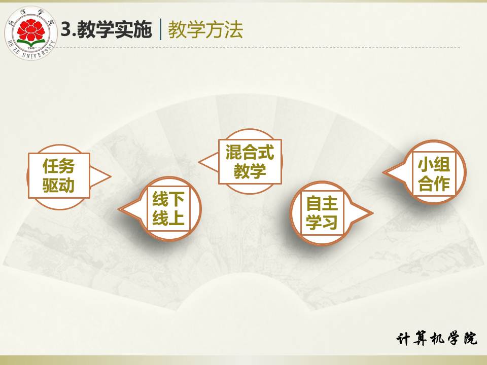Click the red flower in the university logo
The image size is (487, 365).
click(31, 30)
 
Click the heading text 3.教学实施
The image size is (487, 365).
click(106, 30)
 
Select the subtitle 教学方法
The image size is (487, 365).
click(205, 30)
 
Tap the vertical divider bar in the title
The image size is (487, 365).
click(160, 29)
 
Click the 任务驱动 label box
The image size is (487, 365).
click(59, 175)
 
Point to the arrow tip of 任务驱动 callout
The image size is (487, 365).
click(111, 176)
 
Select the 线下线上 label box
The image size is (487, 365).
click(168, 208)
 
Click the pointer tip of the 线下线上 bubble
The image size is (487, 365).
click(119, 209)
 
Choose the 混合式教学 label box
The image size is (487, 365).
click(250, 162)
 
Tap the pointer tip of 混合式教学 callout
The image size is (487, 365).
click(199, 162)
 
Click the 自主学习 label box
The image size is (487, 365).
click(322, 212)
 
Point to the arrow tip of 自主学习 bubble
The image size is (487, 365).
click(372, 213)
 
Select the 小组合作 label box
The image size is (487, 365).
click(434, 173)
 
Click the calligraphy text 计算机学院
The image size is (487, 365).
click(436, 338)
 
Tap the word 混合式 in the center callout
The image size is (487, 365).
click(250, 153)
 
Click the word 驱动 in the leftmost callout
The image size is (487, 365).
click(59, 186)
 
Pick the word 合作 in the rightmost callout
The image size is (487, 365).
click(434, 184)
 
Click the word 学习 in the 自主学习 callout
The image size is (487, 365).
click(322, 222)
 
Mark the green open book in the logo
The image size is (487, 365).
click(31, 43)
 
